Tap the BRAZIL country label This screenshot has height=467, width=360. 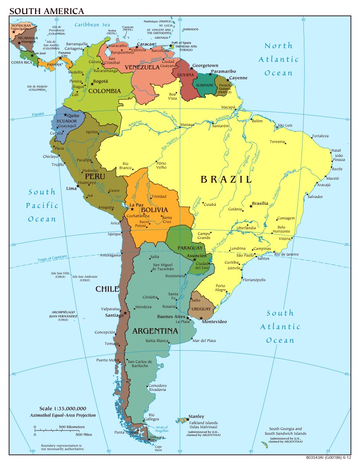[x=226, y=179]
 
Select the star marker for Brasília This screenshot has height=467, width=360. [x=251, y=207]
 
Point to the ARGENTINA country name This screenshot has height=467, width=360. [x=155, y=331]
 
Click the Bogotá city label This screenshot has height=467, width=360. [x=100, y=82]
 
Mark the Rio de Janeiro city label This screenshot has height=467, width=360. [x=286, y=254]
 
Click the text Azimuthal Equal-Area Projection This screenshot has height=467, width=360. [x=67, y=415]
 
